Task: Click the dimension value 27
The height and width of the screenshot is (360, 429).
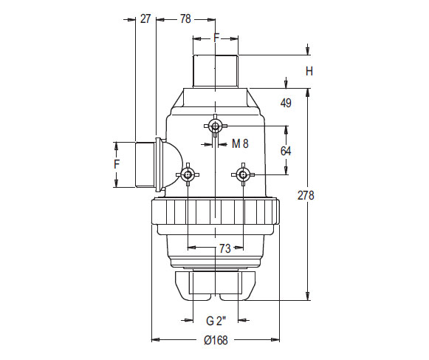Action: pos(145,18)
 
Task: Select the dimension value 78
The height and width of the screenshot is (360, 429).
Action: pos(185,18)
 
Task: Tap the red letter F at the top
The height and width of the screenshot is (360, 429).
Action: pos(216,37)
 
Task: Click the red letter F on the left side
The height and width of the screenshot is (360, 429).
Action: pos(116,164)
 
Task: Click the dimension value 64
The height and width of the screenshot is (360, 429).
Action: pos(286,150)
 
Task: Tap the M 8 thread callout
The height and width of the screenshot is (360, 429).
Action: pos(240,143)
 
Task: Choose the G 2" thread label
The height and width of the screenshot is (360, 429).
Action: pos(216,320)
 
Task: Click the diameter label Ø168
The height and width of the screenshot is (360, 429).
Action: pos(216,340)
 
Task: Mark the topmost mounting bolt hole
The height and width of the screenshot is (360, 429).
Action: pos(215,127)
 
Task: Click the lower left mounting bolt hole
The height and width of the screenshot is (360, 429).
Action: pos(188,174)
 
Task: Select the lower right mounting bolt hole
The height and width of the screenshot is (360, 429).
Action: pos(242,174)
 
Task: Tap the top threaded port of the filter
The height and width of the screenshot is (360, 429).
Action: pos(215,71)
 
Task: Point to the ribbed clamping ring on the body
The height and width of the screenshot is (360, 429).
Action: pos(216,213)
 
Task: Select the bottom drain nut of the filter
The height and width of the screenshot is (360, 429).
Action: pos(215,285)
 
